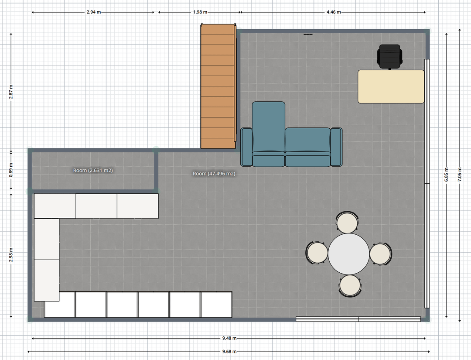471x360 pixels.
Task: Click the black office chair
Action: [389, 56]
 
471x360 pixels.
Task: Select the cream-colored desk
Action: [391, 86]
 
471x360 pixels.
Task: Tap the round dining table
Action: [349, 254]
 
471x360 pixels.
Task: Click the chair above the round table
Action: [348, 222]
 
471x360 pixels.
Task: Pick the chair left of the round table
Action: [317, 253]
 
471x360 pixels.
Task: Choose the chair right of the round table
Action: [381, 254]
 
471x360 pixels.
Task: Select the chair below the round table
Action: [350, 286]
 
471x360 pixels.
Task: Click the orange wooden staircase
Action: [218, 86]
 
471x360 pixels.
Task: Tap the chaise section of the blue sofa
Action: [269, 134]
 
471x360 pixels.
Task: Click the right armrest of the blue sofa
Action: [336, 147]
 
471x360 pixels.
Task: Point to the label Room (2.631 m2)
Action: [93, 170]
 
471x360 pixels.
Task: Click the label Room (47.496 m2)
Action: [214, 174]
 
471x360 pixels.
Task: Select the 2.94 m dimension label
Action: [94, 12]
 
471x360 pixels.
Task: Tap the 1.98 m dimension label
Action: [200, 12]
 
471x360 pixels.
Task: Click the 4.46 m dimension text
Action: [334, 12]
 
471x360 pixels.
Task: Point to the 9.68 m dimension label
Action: [229, 352]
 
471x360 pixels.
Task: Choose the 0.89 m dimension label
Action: [11, 170]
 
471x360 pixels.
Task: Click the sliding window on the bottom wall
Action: [358, 319]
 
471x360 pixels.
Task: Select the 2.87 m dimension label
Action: [11, 92]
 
